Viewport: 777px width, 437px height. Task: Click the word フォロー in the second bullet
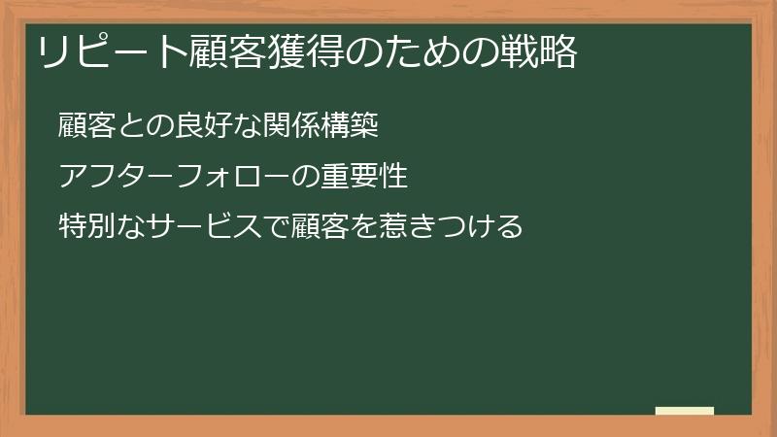222,177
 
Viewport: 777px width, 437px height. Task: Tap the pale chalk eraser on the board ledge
685,411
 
